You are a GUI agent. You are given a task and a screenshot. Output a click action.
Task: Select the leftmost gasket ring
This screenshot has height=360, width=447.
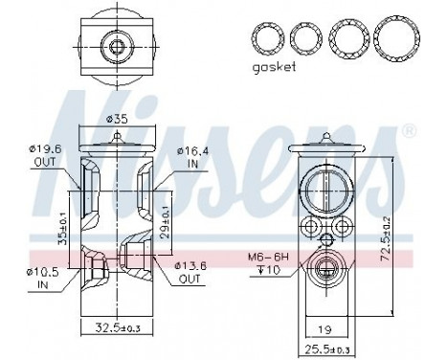(x=267, y=39)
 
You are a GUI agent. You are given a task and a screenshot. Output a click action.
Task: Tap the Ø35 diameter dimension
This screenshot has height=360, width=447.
(x=115, y=119)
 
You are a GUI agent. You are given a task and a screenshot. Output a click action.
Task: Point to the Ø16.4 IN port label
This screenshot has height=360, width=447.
(x=194, y=156)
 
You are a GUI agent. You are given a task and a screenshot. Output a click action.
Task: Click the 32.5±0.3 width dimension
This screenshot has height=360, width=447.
(x=116, y=327)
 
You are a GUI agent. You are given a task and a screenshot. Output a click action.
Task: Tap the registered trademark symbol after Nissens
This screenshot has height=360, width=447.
(x=409, y=129)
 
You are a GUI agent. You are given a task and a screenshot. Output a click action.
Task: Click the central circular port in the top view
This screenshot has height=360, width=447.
(x=117, y=45)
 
